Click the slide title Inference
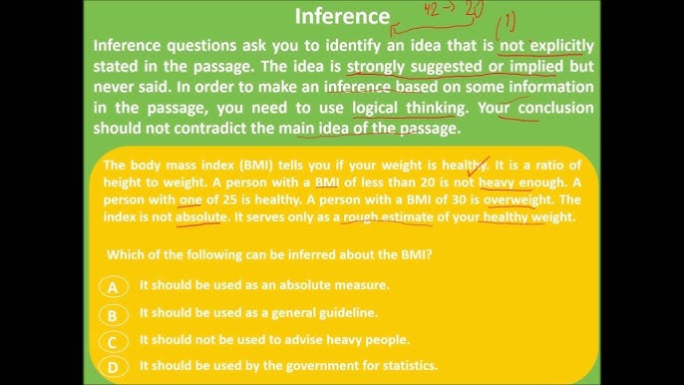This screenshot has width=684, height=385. pos(342,16)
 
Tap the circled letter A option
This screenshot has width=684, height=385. pos(114,286)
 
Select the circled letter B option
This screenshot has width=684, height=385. pos(114,314)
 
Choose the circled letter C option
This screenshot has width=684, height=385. pos(114,341)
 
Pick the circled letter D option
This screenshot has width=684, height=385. pos(114,367)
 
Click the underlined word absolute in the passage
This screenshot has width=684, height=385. pos(202,217)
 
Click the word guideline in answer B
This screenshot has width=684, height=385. pos(348,313)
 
